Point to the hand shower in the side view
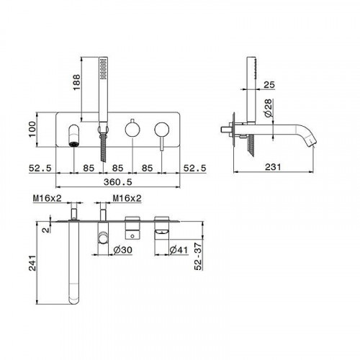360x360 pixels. coord(251,94)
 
